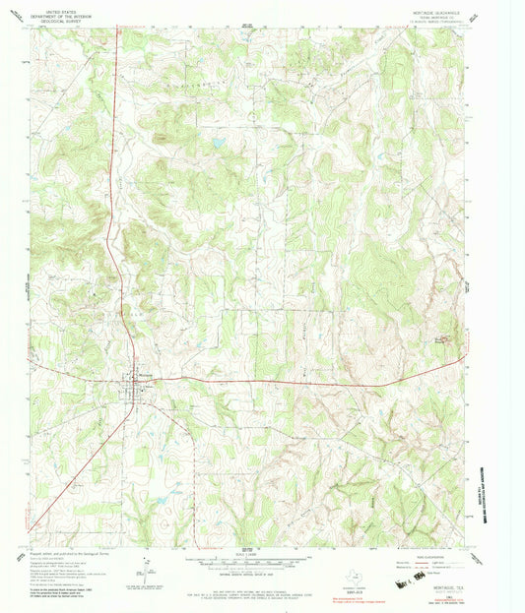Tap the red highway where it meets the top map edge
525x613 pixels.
pos(116,30)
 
